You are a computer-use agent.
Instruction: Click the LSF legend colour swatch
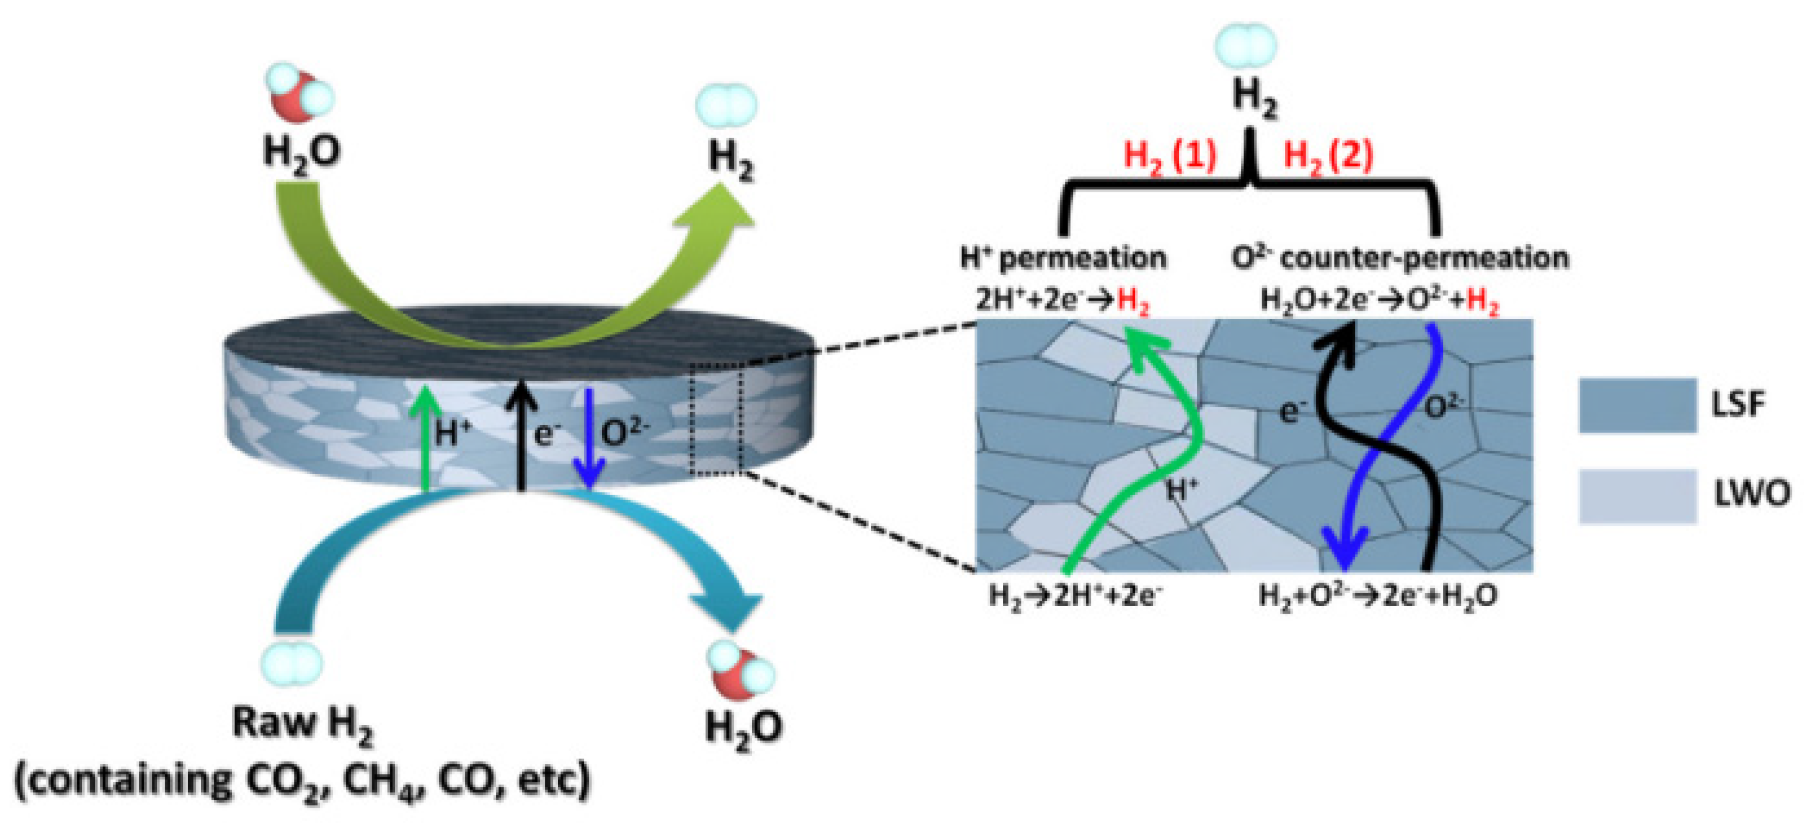(1637, 405)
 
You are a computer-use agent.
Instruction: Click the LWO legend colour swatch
(1637, 496)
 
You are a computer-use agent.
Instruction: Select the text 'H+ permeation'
(1063, 259)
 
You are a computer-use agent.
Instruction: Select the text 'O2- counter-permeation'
(1400, 259)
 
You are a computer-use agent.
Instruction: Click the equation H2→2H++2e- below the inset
(1075, 596)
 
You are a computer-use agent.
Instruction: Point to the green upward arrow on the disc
(424, 434)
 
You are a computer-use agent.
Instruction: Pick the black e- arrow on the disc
(521, 434)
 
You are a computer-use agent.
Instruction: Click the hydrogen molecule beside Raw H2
(291, 662)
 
